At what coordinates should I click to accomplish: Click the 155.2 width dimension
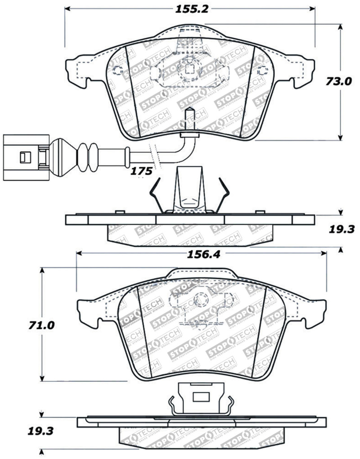pos(189,9)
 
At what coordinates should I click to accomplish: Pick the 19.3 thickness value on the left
pos(41,432)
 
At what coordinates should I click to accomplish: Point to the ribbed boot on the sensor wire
pos(87,156)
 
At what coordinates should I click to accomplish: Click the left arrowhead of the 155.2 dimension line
pos(67,9)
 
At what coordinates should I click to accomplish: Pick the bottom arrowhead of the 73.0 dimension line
pos(341,139)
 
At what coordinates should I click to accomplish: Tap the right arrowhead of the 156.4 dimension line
pos(325,254)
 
